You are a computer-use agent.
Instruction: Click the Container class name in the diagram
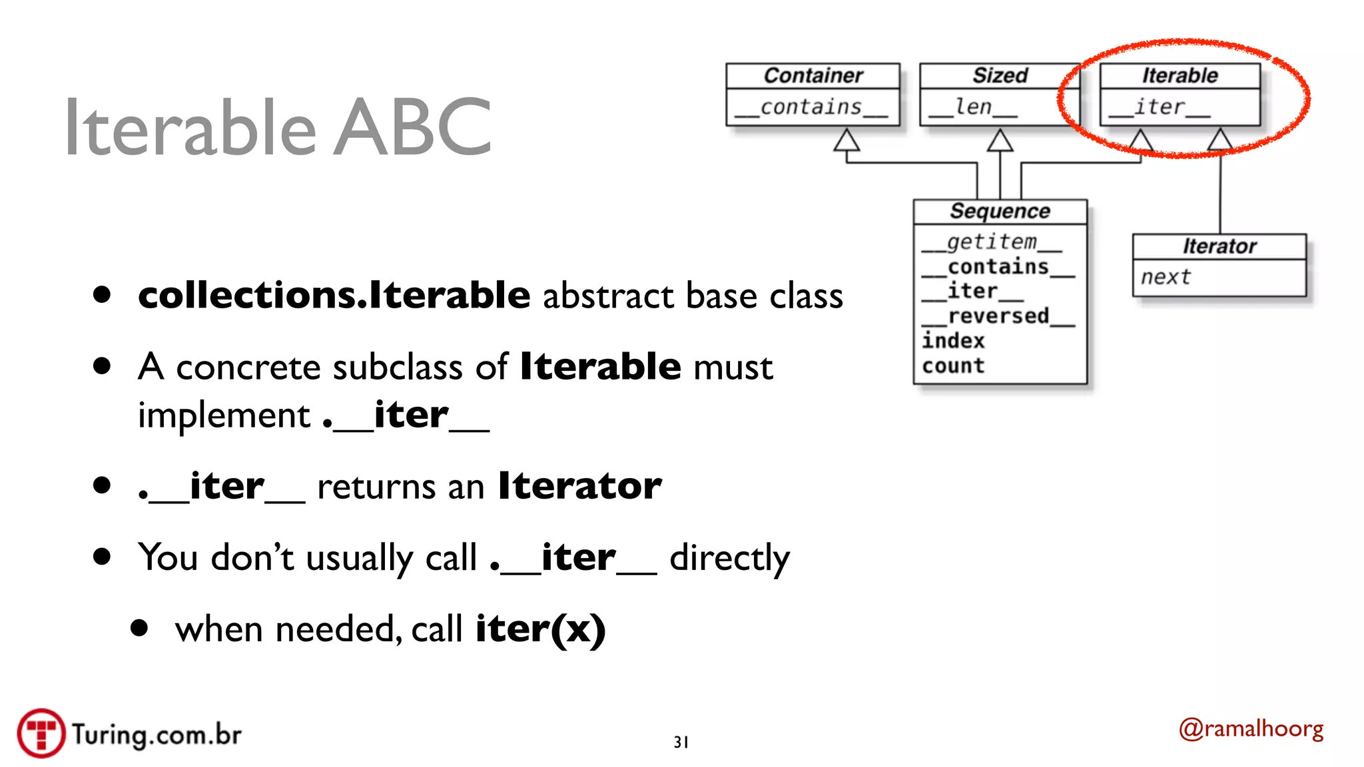click(813, 76)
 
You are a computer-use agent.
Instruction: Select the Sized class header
click(1000, 76)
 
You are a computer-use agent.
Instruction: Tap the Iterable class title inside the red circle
click(1180, 76)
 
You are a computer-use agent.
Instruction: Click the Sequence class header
click(1000, 212)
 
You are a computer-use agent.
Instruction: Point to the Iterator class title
click(1219, 247)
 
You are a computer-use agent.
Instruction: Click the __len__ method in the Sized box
click(973, 107)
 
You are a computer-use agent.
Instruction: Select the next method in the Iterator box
click(1165, 277)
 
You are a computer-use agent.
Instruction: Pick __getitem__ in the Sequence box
click(991, 242)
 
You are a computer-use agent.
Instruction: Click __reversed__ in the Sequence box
click(998, 316)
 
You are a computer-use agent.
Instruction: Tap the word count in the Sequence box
click(953, 366)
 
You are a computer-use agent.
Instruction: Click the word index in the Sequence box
click(953, 341)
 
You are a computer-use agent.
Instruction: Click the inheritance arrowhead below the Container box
click(847, 140)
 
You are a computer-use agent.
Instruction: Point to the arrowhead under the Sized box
click(1000, 140)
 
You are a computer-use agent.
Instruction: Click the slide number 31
click(681, 742)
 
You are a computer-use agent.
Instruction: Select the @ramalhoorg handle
click(1251, 729)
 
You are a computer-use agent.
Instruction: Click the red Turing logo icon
click(41, 733)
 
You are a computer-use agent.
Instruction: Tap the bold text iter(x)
click(540, 629)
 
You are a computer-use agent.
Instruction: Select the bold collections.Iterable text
click(334, 295)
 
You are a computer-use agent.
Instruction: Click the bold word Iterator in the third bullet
click(579, 485)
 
